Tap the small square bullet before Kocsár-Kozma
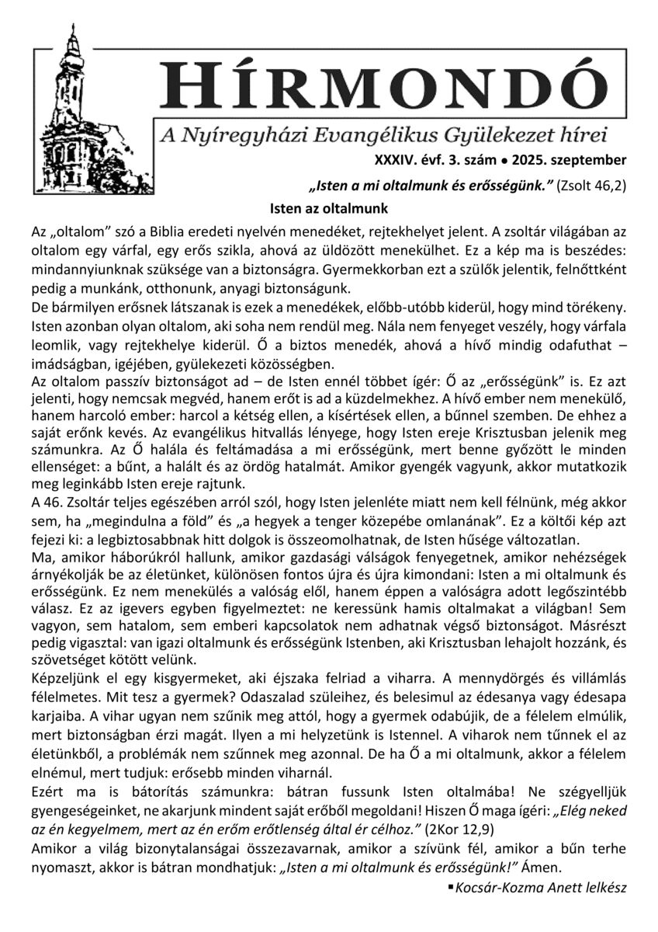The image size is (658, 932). click(451, 885)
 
